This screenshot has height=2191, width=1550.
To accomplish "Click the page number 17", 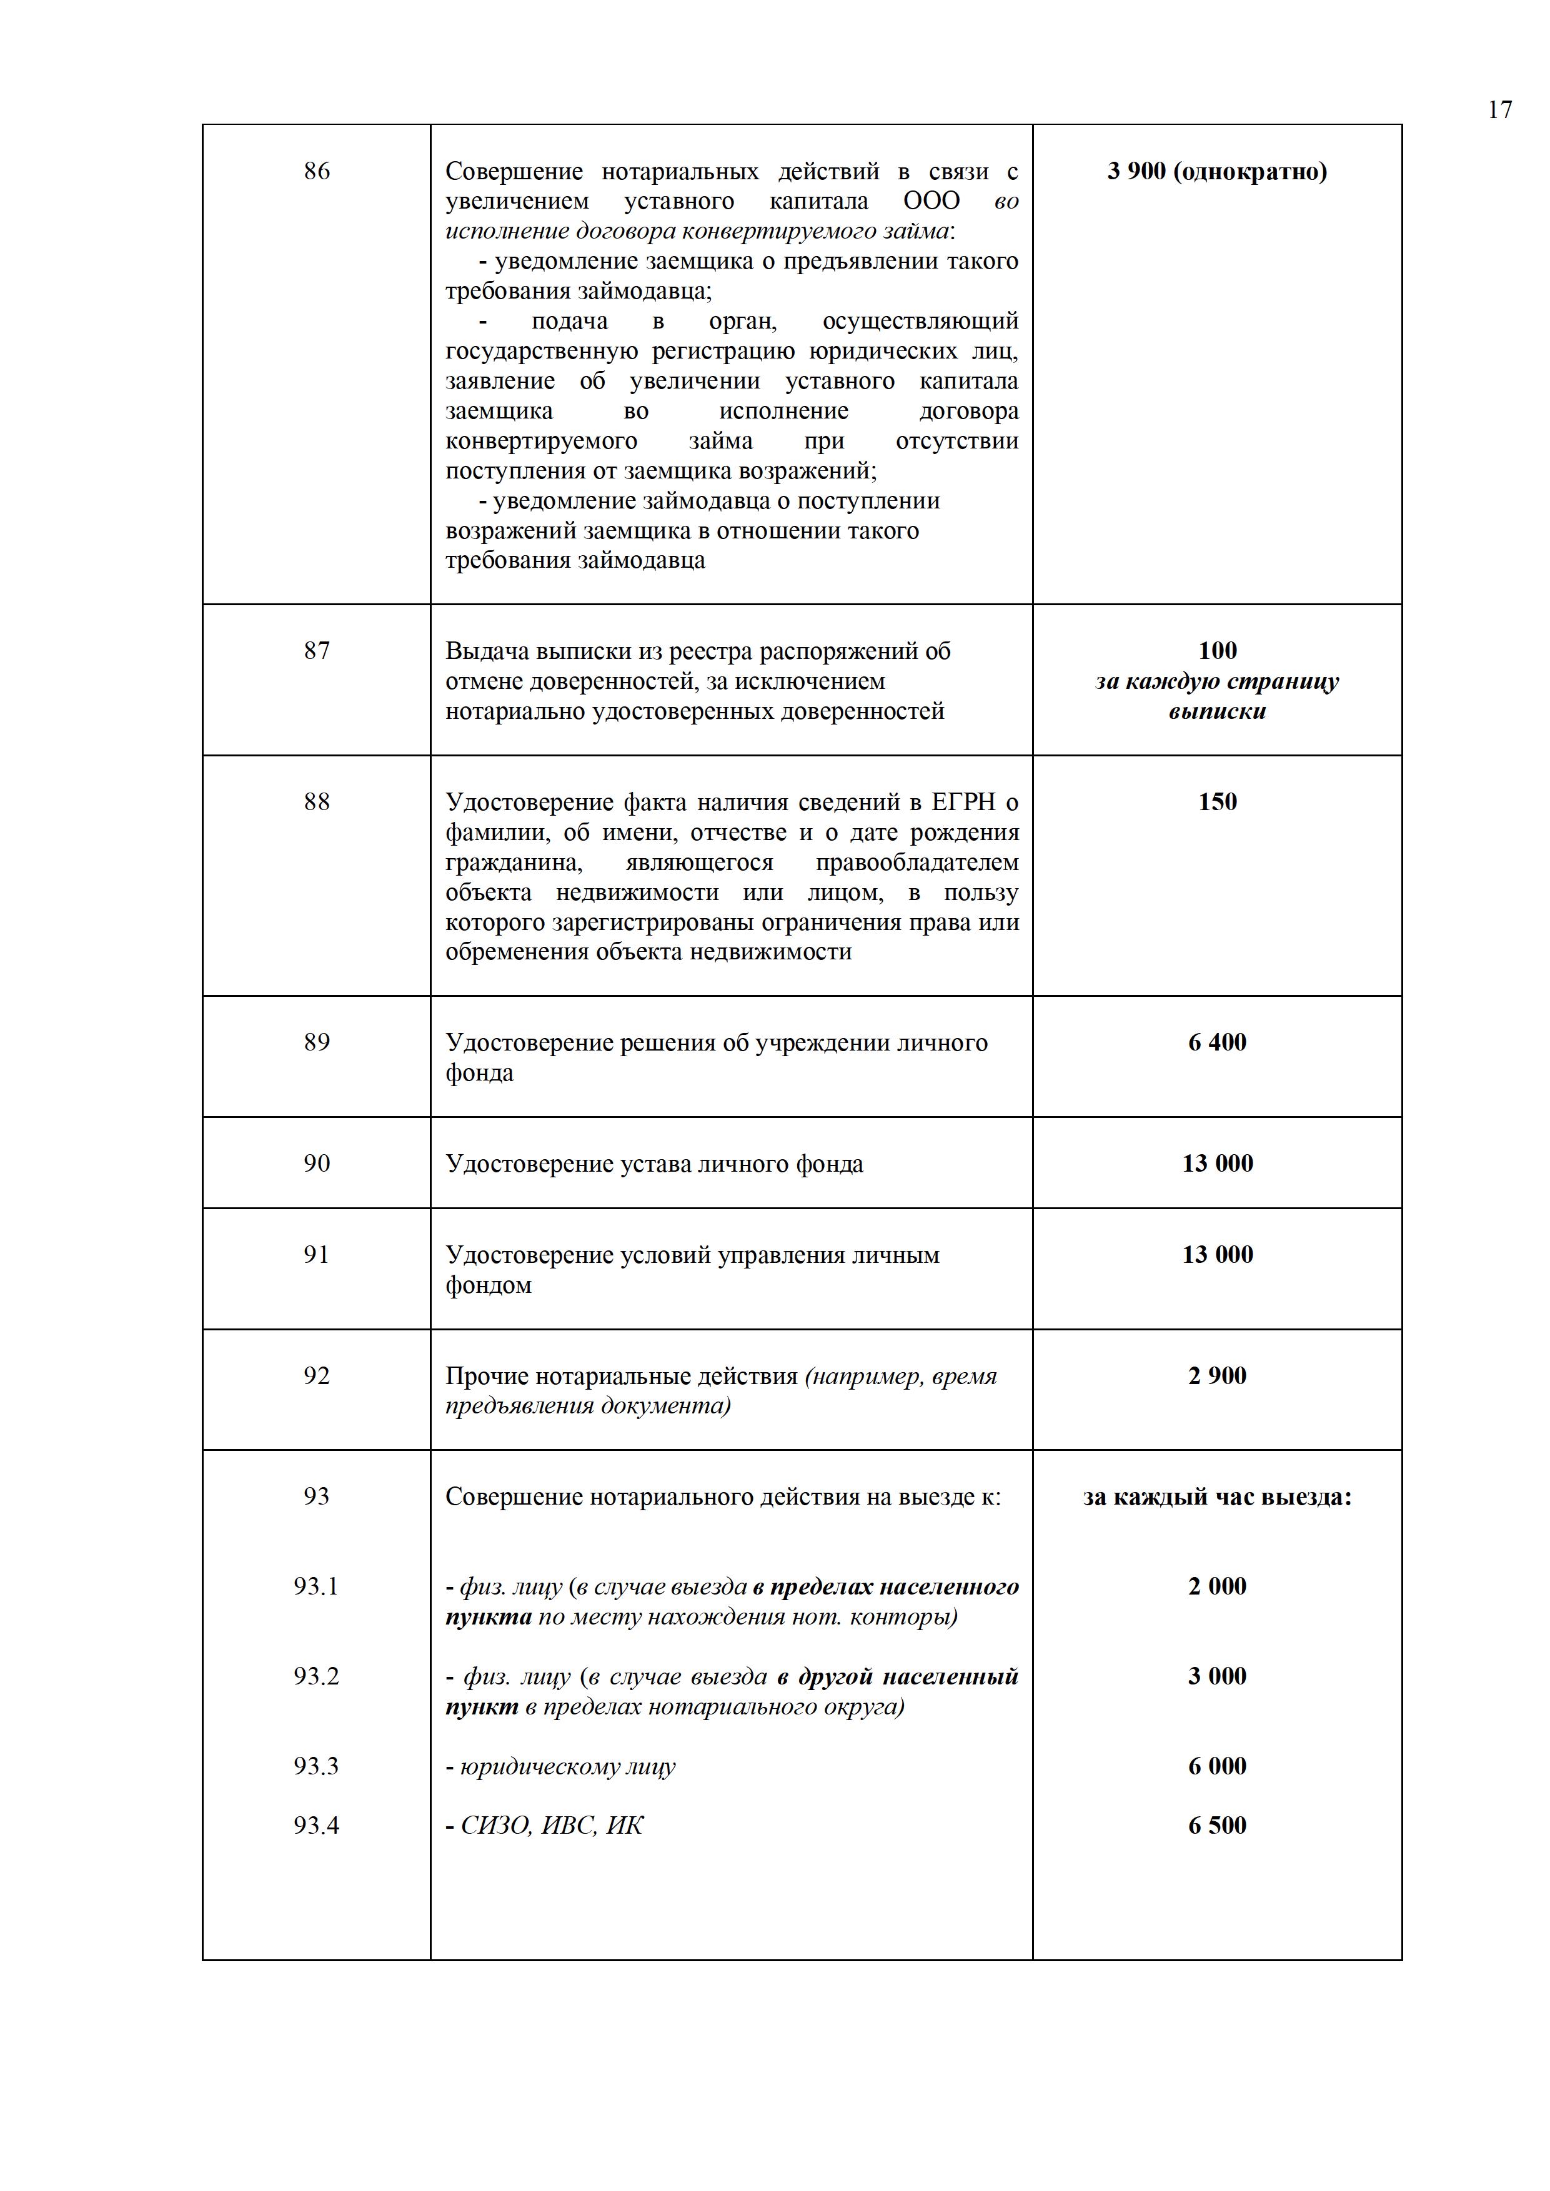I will [1499, 110].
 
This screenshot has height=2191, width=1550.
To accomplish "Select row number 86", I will [316, 171].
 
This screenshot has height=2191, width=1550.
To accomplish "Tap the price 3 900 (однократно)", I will [1217, 172].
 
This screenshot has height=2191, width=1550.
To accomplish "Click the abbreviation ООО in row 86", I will [931, 201].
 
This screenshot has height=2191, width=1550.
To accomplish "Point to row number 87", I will [316, 651].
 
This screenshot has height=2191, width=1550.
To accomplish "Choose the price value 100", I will [1217, 651].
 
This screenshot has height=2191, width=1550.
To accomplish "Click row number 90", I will [316, 1163].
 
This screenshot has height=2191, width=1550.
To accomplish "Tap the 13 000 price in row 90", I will [1217, 1163].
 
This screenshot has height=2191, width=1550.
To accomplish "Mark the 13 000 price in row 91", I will [1217, 1255].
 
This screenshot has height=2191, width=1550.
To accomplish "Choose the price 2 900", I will [1217, 1376].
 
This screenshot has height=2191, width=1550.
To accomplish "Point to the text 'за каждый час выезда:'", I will [1217, 1497].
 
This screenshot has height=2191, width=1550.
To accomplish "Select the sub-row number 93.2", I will [316, 1676].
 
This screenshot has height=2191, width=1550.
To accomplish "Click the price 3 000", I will [1217, 1676].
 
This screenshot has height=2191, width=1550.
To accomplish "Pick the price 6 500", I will [1217, 1826].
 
